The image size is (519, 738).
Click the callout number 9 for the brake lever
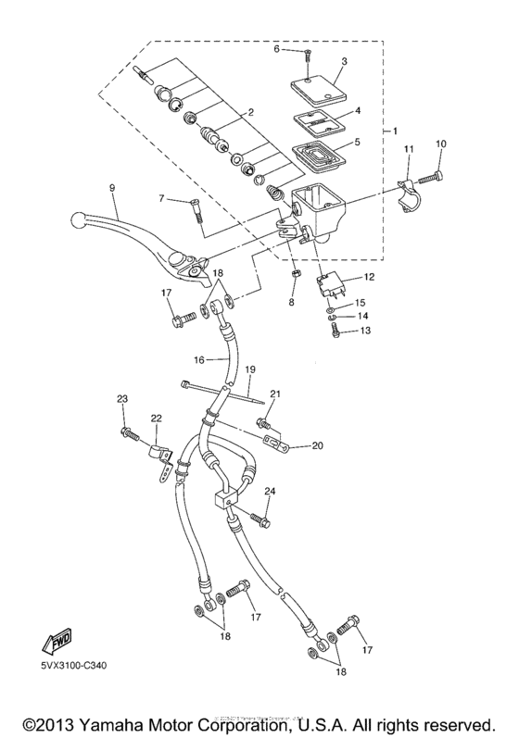point(112,188)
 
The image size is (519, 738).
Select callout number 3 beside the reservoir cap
point(343,62)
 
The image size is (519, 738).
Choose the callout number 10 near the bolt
point(440,144)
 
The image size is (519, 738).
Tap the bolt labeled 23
point(129,432)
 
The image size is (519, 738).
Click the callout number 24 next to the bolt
point(270,491)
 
